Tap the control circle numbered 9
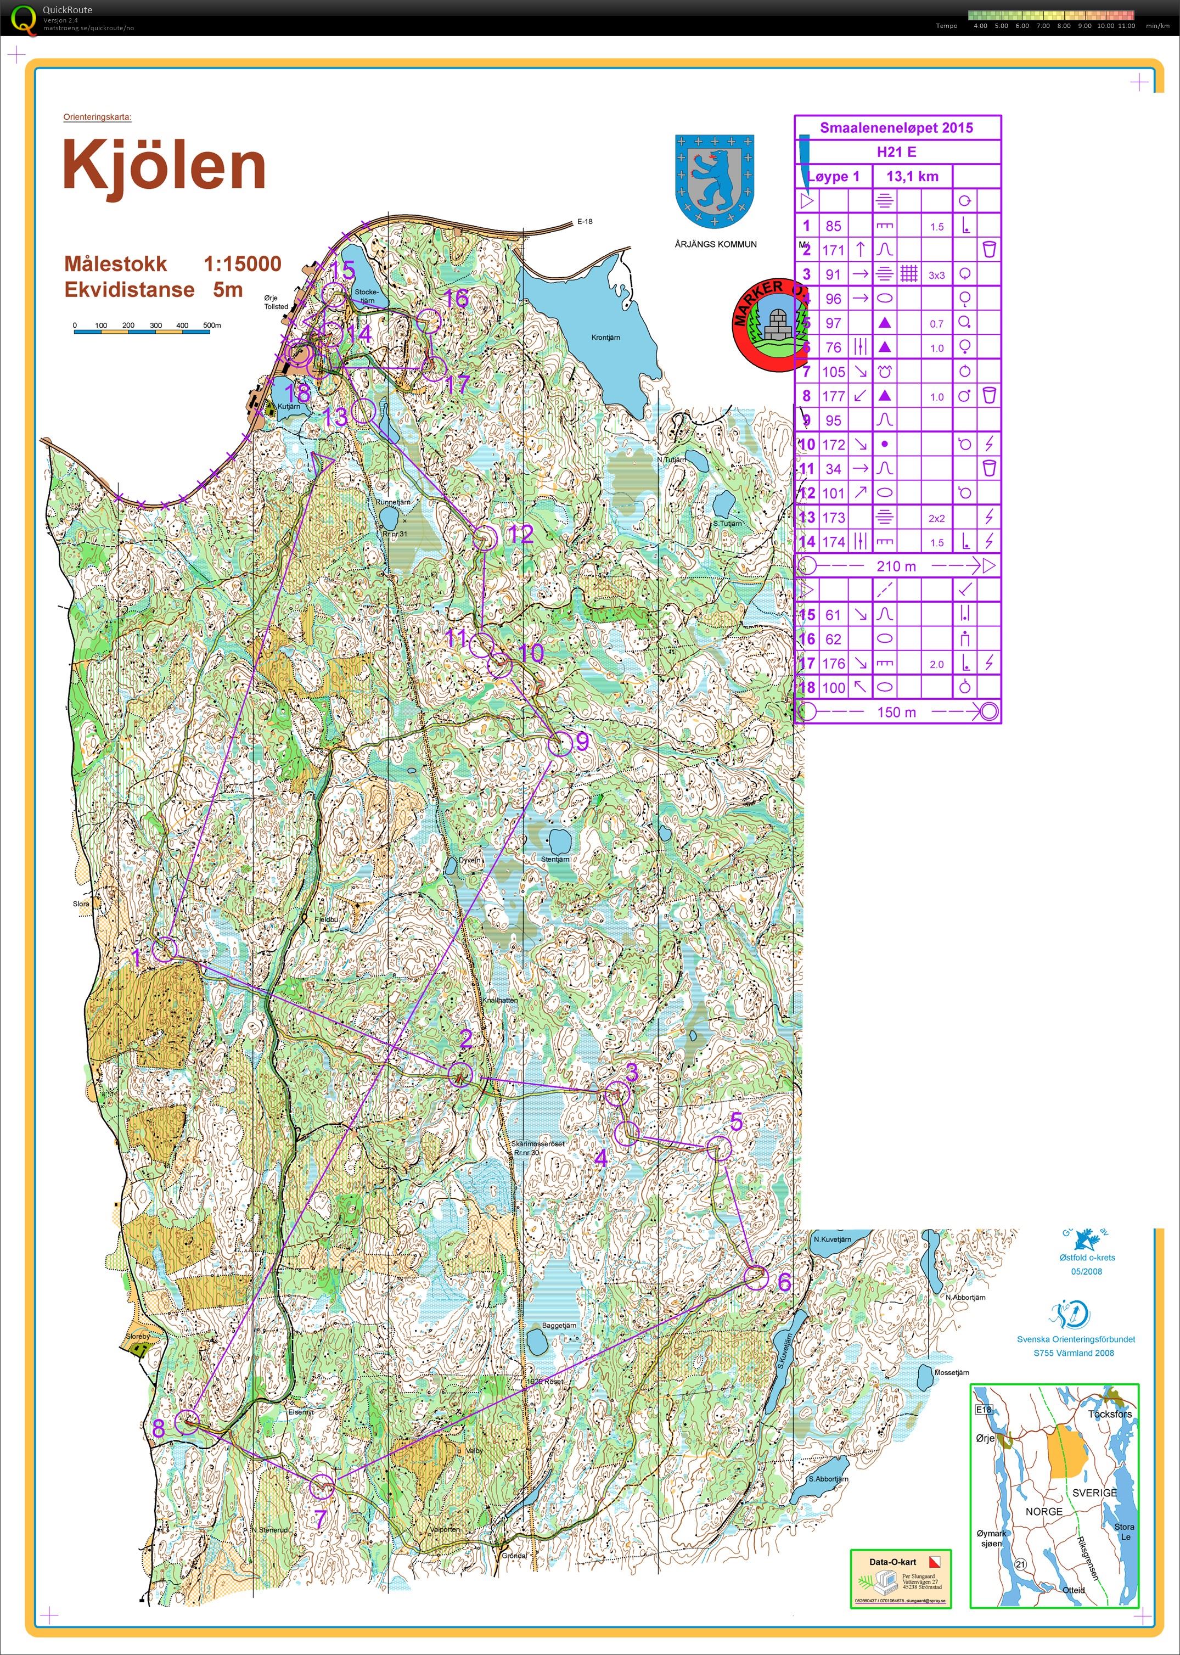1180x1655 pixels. tap(559, 745)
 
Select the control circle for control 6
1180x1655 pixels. tap(756, 1277)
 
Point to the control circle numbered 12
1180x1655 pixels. tap(485, 538)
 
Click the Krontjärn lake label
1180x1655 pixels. tap(605, 338)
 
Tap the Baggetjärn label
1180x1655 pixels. tap(559, 1325)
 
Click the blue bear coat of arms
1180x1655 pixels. tap(714, 179)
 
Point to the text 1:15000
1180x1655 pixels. tap(242, 263)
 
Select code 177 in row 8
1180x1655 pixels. tap(834, 396)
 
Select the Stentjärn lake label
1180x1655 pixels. tap(555, 859)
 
